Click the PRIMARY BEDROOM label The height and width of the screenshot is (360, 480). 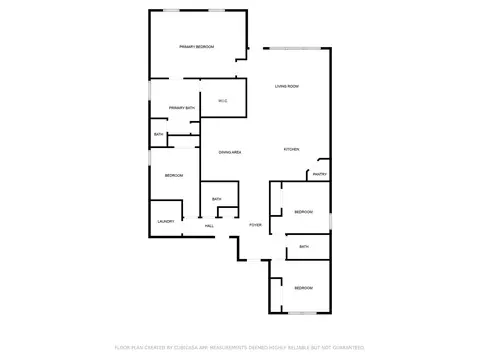tap(197, 47)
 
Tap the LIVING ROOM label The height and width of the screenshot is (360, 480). tap(287, 87)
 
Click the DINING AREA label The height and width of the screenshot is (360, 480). tap(230, 151)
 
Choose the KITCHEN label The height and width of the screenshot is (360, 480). tap(291, 149)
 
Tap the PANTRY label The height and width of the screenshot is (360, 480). tap(320, 175)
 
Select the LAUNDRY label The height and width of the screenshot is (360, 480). tap(166, 221)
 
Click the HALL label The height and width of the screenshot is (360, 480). tap(209, 226)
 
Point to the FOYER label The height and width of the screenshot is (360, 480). tap(255, 225)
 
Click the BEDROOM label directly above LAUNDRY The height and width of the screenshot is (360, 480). tap(173, 176)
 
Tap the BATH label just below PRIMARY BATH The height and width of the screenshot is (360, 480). tap(158, 134)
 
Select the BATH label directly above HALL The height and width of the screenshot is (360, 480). tap(216, 199)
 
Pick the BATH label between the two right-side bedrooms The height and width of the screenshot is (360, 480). tap(303, 246)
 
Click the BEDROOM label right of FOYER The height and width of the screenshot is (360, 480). tap(303, 212)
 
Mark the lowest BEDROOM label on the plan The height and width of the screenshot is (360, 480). tap(303, 288)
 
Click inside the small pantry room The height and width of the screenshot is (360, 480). tap(320, 167)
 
